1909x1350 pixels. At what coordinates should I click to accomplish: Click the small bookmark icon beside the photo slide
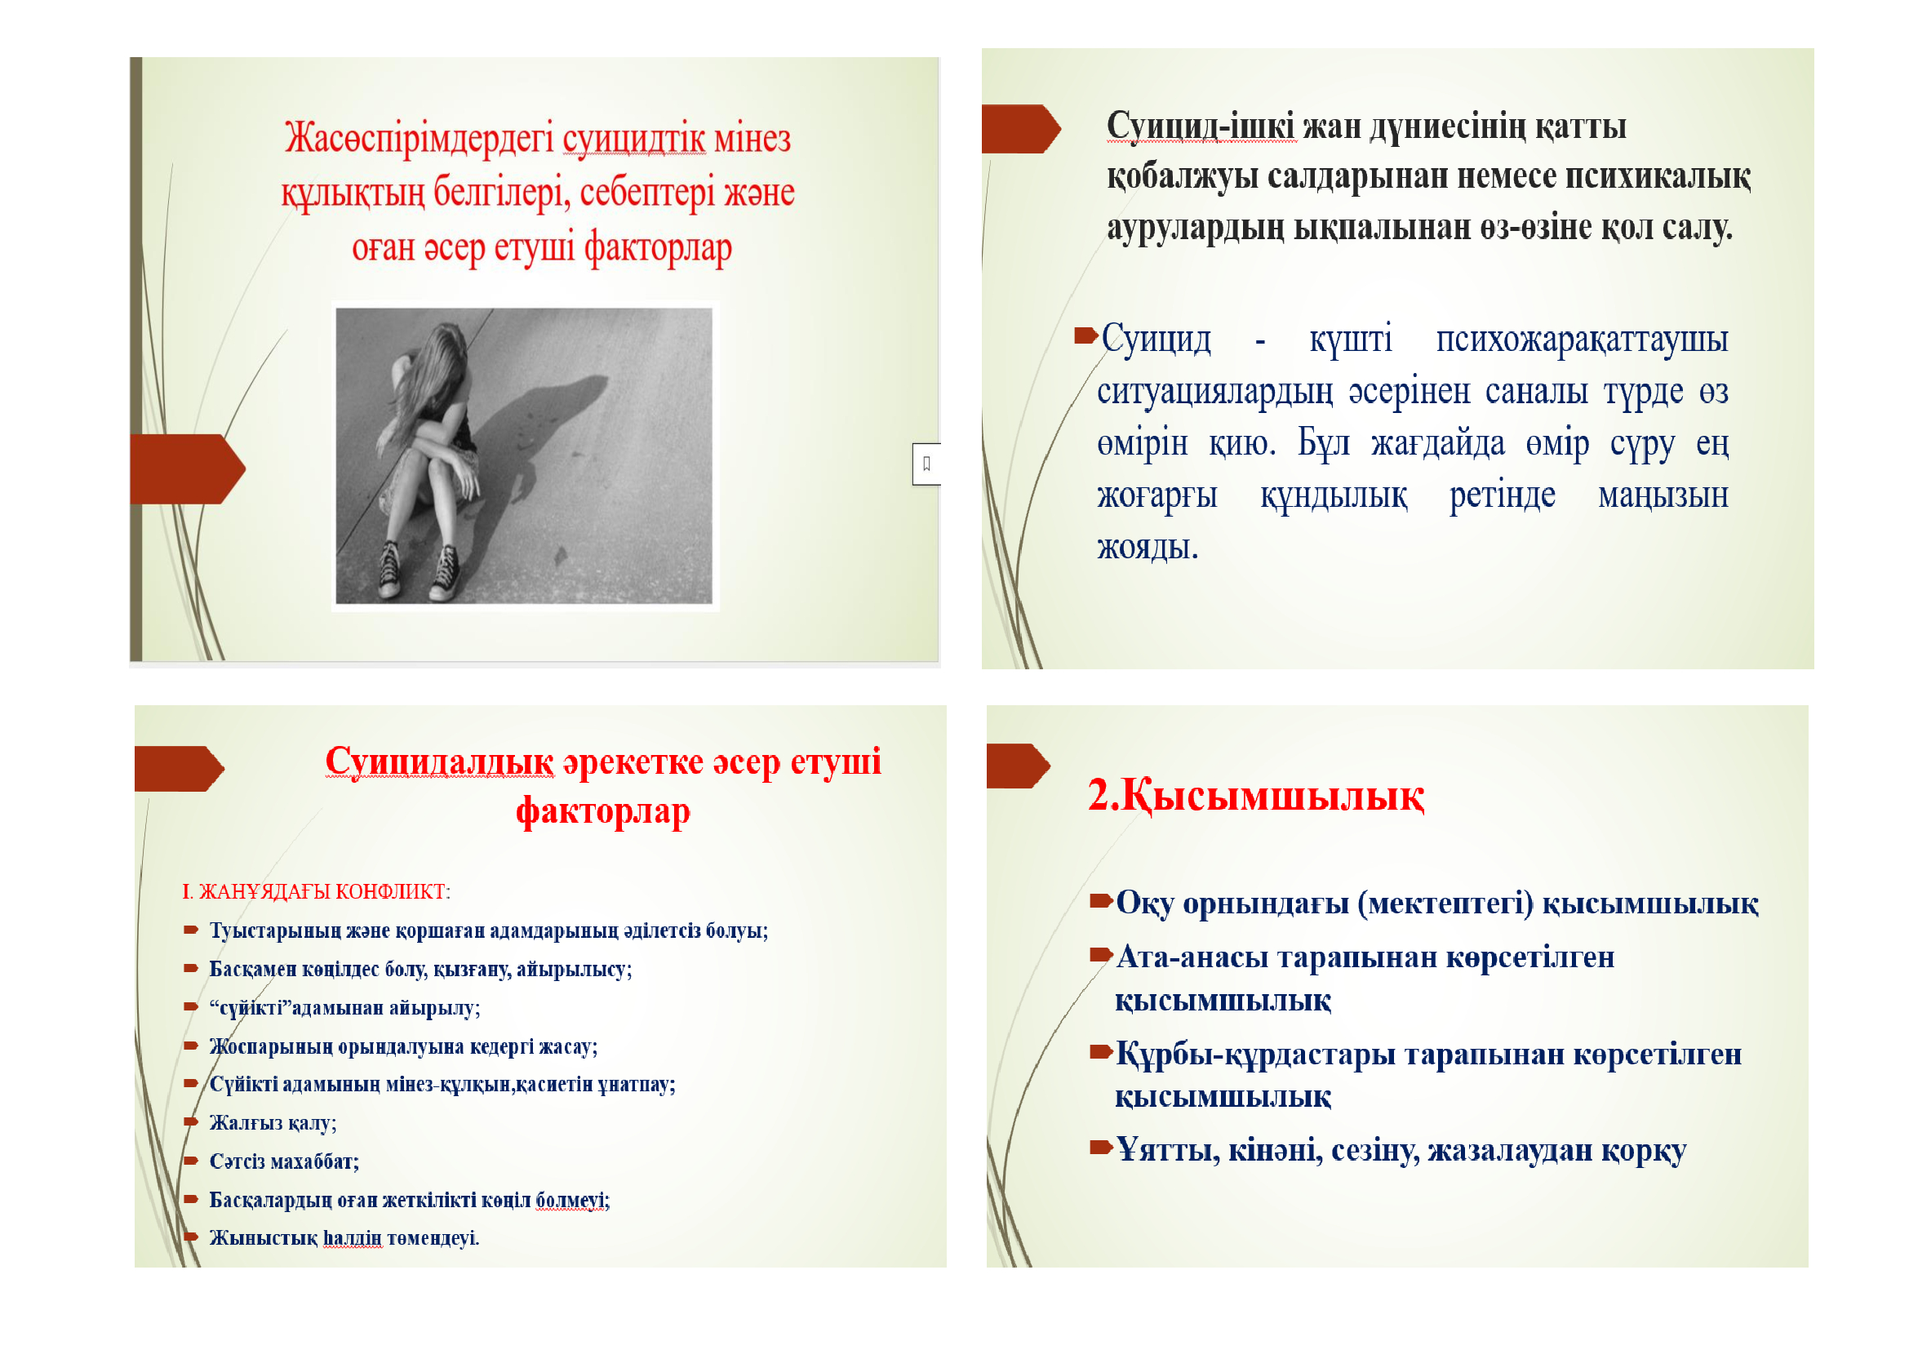(926, 464)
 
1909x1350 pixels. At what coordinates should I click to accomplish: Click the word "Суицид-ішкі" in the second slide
(1200, 127)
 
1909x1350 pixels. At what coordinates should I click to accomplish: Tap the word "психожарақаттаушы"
(1582, 340)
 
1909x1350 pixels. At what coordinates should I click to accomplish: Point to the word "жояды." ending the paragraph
(1148, 548)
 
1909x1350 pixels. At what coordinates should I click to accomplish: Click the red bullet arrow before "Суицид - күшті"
(1085, 335)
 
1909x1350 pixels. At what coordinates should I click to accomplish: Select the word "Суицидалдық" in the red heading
(439, 762)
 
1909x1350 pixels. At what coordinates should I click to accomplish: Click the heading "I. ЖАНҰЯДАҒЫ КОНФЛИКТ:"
(316, 892)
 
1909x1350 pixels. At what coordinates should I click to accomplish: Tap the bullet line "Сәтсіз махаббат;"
(283, 1161)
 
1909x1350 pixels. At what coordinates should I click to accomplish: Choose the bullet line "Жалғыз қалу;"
(273, 1123)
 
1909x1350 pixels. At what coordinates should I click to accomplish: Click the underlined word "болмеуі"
(571, 1200)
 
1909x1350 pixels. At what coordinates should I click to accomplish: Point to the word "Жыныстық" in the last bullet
(263, 1238)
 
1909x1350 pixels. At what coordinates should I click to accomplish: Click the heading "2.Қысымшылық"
(1255, 797)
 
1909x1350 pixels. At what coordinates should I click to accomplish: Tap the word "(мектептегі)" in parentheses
(1445, 903)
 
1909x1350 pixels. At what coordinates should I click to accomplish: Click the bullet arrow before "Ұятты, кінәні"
(1101, 1149)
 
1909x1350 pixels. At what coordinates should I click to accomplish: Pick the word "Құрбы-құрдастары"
(1254, 1054)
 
